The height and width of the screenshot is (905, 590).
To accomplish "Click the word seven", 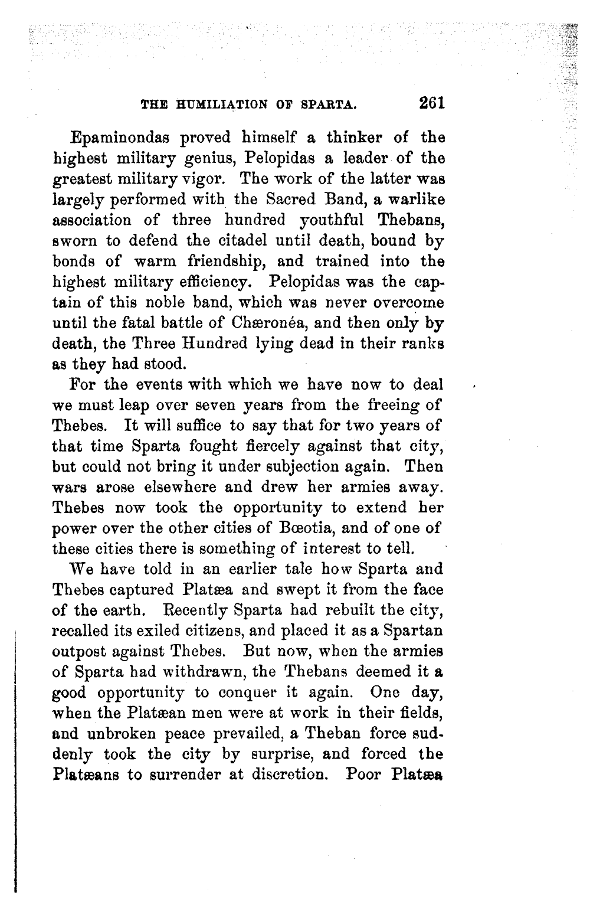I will [x=226, y=405].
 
